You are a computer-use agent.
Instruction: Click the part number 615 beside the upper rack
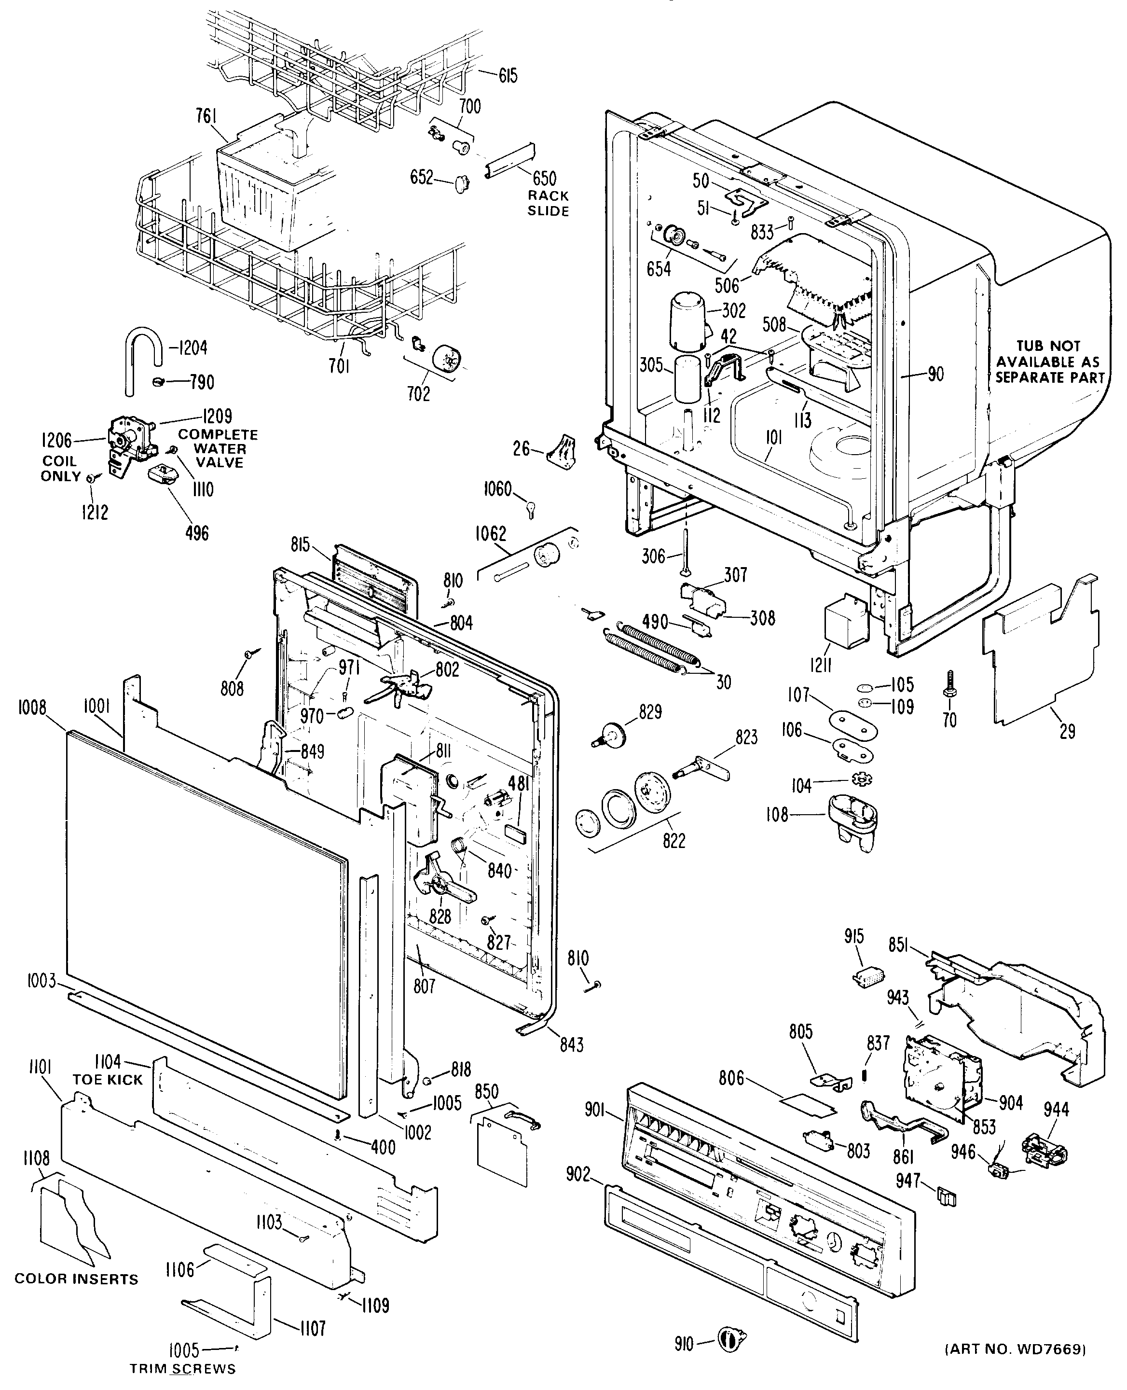click(509, 76)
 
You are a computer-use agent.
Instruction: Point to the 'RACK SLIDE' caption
click(548, 203)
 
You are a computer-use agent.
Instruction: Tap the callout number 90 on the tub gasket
click(935, 374)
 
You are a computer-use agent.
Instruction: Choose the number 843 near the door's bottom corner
click(571, 1045)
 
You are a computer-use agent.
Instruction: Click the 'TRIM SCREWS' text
click(182, 1369)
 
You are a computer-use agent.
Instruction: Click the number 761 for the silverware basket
click(207, 116)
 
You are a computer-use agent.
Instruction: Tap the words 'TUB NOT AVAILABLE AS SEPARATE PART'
click(1049, 362)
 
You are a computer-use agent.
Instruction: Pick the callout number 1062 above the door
click(490, 533)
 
